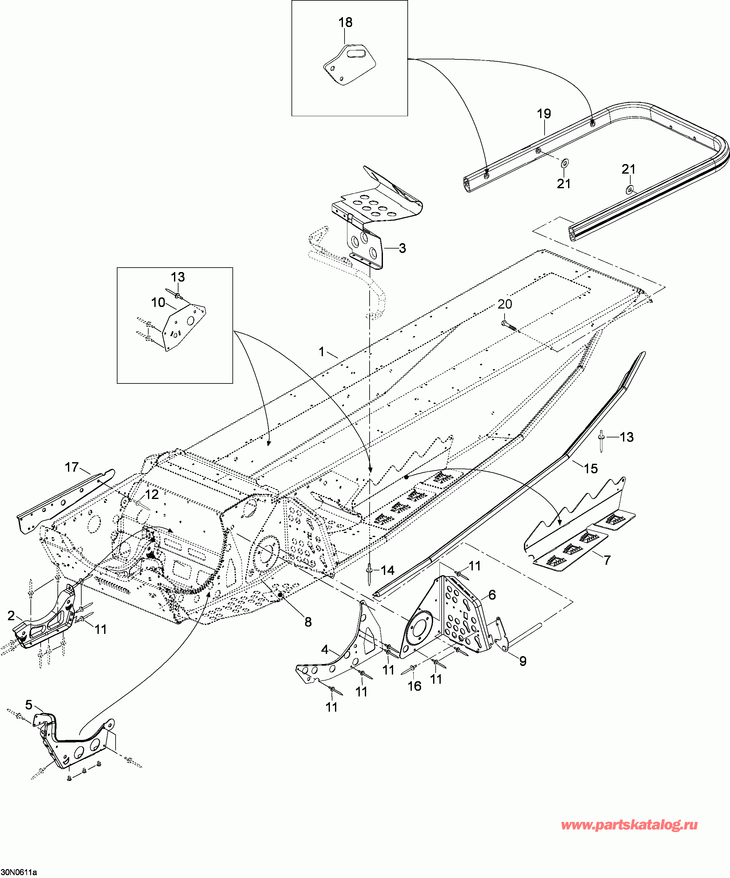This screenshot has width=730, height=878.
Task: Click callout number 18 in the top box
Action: pyautogui.click(x=345, y=23)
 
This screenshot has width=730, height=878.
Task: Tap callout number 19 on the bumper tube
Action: pyautogui.click(x=544, y=114)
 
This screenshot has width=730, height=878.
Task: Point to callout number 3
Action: pyautogui.click(x=402, y=248)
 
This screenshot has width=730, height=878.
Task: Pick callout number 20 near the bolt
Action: pyautogui.click(x=505, y=304)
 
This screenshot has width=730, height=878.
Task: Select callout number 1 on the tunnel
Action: pyautogui.click(x=321, y=352)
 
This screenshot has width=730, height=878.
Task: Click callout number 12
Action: pyautogui.click(x=151, y=495)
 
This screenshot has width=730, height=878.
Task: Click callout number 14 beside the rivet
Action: pyautogui.click(x=387, y=570)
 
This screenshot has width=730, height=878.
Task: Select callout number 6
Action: pyautogui.click(x=492, y=595)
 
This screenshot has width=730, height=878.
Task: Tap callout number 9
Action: pyautogui.click(x=523, y=661)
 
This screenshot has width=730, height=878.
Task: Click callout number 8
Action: pyautogui.click(x=308, y=622)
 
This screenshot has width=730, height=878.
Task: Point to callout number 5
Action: pyautogui.click(x=29, y=705)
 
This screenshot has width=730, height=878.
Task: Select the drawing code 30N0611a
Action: pyautogui.click(x=18, y=873)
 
